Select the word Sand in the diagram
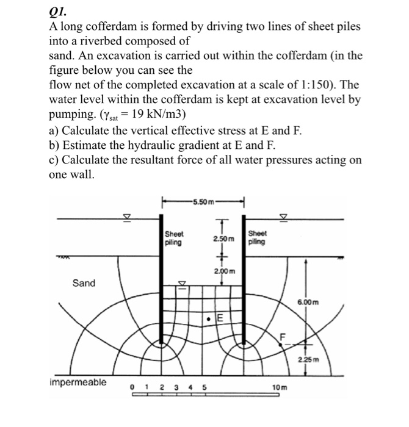[84, 283]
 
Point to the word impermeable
[77, 382]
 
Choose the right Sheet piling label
[258, 237]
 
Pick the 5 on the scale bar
[204, 387]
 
